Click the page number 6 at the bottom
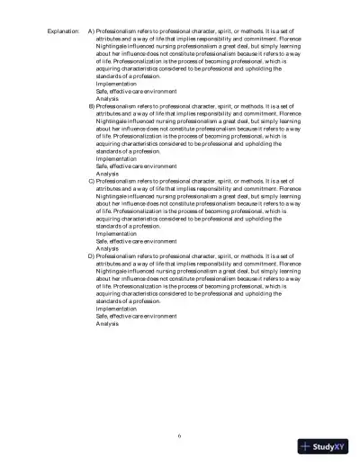(180, 435)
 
